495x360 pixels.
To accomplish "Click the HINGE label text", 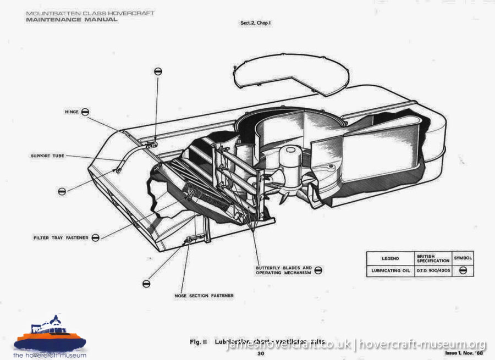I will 71,112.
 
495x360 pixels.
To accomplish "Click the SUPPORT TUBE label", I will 47,156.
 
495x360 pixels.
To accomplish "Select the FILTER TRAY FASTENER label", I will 61,237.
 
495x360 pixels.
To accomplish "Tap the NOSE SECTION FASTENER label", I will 205,296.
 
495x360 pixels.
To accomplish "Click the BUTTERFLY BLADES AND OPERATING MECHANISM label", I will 283,270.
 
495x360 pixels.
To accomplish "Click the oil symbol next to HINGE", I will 85,112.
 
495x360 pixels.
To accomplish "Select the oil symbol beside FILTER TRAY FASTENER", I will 96,237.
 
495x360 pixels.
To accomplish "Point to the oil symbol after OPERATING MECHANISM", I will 318,270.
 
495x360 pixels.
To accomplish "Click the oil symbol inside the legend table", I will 463,270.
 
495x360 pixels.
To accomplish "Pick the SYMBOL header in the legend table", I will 463,258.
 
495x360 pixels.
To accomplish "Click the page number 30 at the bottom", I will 261,353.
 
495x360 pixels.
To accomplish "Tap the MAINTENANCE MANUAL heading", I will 71,20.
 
